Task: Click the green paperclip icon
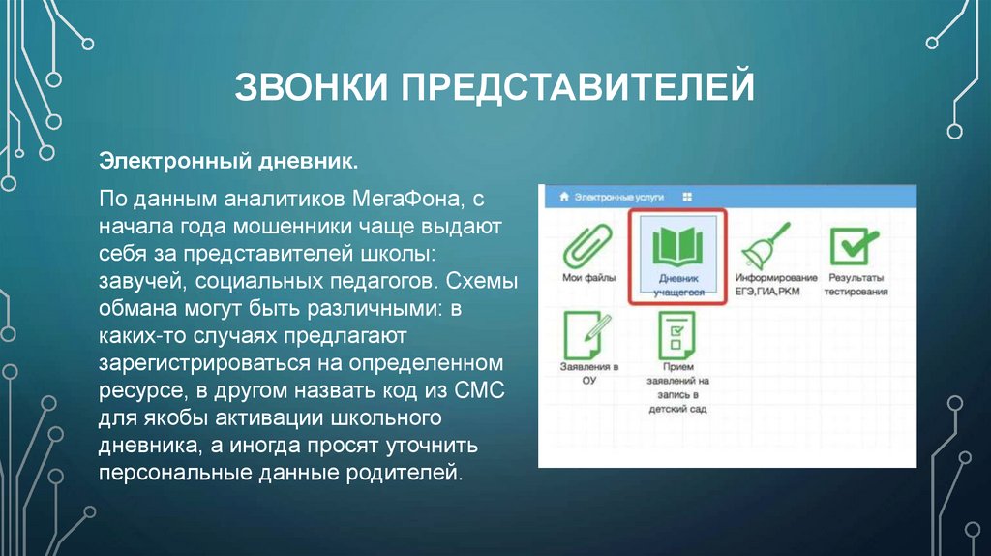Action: tap(586, 244)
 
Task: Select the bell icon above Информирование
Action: tap(762, 246)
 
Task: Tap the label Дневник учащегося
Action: tap(676, 284)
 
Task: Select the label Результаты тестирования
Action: tap(856, 284)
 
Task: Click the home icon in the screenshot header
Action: tap(562, 196)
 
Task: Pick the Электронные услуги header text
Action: tap(618, 196)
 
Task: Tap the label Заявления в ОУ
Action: tap(588, 374)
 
